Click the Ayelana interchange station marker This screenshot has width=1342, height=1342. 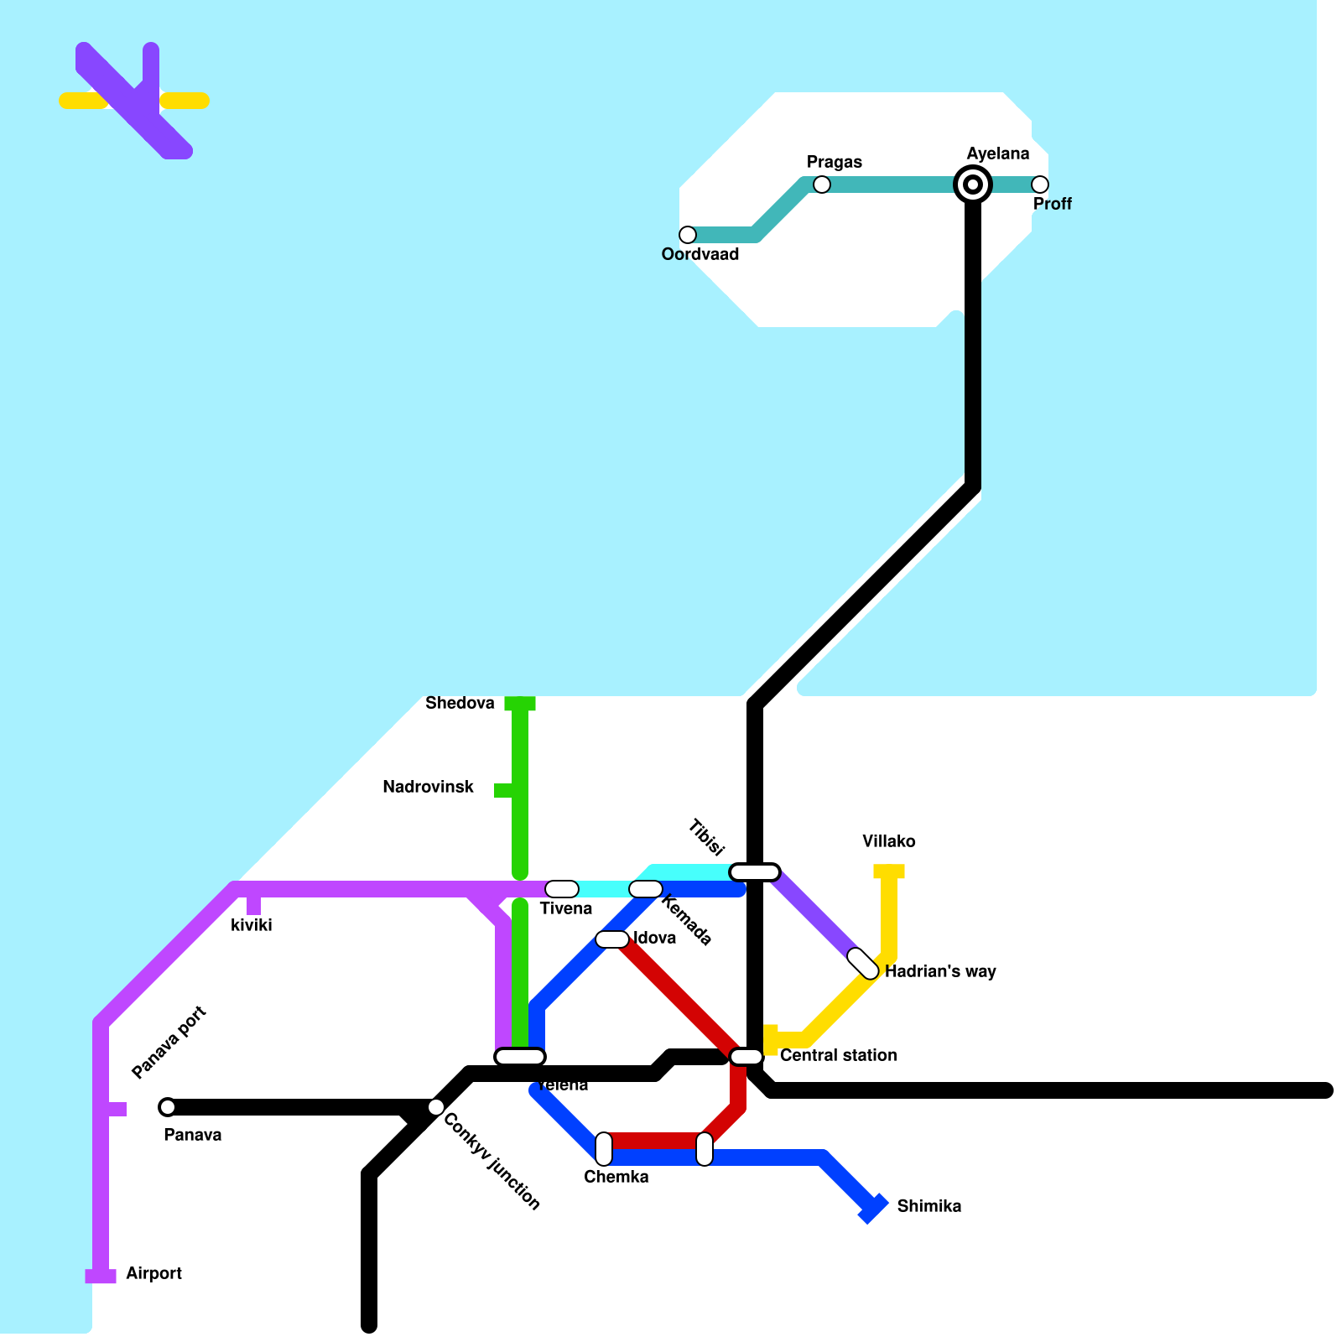coord(973,184)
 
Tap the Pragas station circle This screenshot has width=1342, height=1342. coord(822,184)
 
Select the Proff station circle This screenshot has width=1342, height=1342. coord(1040,184)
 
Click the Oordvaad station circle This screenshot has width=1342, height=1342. coord(688,234)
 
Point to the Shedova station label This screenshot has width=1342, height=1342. coord(460,703)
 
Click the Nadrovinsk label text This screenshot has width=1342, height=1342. coord(428,787)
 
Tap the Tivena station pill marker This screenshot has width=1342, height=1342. coord(562,889)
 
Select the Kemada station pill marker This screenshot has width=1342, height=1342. coord(646,889)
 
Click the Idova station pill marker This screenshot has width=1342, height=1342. coord(612,939)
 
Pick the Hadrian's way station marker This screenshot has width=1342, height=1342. coord(862,963)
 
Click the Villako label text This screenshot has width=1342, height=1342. coord(888,841)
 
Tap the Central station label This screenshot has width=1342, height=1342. coord(838,1055)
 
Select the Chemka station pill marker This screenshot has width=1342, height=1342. coord(604,1148)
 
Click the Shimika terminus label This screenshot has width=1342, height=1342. coord(928,1206)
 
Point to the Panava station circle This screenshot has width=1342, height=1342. coord(168,1107)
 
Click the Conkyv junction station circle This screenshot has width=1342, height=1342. coord(436,1107)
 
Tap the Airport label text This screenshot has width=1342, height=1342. coord(153,1273)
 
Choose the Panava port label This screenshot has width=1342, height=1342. coord(169,1042)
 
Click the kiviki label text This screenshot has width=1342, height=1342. coord(251,925)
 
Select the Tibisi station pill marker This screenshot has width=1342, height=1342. coord(755,872)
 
